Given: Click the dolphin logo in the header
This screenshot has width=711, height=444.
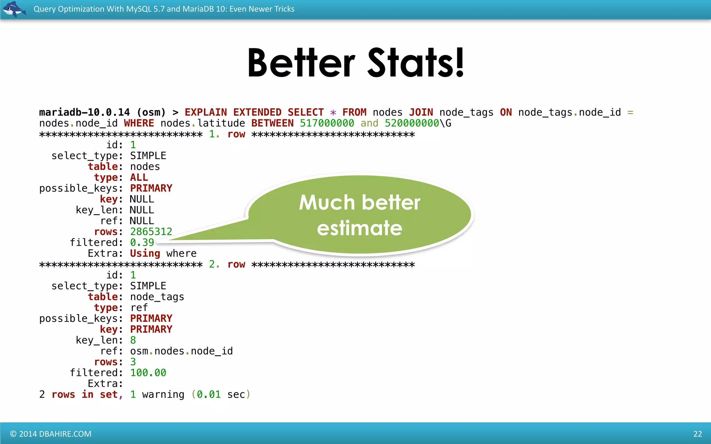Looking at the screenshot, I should pos(14,9).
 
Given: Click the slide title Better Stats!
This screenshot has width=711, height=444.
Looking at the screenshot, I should pos(355,63).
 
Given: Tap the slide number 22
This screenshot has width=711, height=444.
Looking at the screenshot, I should pos(697,434).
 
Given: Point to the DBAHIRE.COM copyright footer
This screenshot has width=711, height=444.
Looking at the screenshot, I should pos(51,434).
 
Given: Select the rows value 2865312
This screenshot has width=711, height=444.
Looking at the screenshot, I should pos(151,232).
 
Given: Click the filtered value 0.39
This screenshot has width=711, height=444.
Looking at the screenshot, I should pos(142,242).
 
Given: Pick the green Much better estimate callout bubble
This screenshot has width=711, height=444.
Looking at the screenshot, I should pos(360,215).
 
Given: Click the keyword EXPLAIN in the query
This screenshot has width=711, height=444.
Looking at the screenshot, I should pos(206,112).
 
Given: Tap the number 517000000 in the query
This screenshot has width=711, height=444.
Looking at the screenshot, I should pos(327,123).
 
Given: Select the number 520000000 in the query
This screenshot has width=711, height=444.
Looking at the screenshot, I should pos(412,123).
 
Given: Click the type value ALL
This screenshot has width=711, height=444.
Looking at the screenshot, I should pos(139,177).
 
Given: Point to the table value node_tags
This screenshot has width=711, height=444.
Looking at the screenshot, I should pos(157,297).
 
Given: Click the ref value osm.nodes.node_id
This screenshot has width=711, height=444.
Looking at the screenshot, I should pos(181,351).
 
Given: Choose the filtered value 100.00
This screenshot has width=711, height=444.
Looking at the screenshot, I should pos(148,373).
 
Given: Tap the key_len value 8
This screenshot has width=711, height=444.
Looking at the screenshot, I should pos(133,340).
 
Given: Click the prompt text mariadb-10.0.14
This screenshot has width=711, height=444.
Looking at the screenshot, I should pos(84,112).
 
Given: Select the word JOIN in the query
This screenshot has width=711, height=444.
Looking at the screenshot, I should pos(421,112).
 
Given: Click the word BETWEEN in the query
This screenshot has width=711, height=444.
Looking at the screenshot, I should pos(272,123).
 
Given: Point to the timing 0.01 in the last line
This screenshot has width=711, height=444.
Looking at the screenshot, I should pos(209,394).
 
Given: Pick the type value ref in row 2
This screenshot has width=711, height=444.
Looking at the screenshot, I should pos(139,308).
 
